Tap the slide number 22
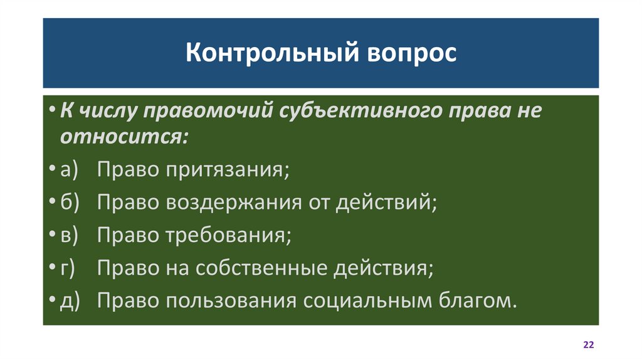(x=588, y=346)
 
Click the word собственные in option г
(x=263, y=268)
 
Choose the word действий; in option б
(x=386, y=203)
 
